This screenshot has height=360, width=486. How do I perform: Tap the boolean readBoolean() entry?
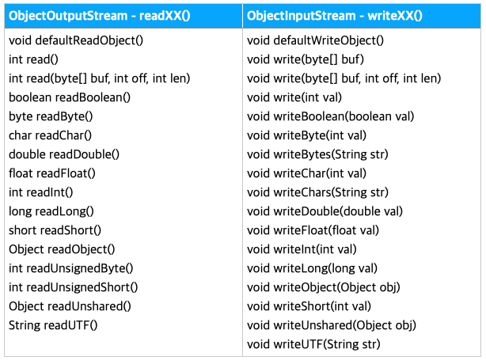[x=70, y=97]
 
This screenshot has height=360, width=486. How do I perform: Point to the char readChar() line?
[x=51, y=135]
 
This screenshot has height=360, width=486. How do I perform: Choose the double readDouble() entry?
[x=64, y=154]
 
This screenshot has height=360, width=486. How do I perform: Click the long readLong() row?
[x=51, y=211]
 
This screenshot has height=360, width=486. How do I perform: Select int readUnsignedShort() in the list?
[x=74, y=287]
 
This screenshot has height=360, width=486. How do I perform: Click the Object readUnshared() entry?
[x=70, y=306]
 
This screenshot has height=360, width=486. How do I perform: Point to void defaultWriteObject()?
[x=315, y=40]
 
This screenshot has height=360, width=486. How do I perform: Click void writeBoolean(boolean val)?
[x=330, y=116]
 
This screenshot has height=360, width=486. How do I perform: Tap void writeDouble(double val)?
[x=325, y=211]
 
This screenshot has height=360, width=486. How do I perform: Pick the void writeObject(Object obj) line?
[x=323, y=287]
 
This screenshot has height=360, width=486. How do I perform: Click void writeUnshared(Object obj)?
[x=332, y=325]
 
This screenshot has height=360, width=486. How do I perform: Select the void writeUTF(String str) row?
[x=313, y=344]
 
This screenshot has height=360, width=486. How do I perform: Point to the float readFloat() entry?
[x=52, y=173]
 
